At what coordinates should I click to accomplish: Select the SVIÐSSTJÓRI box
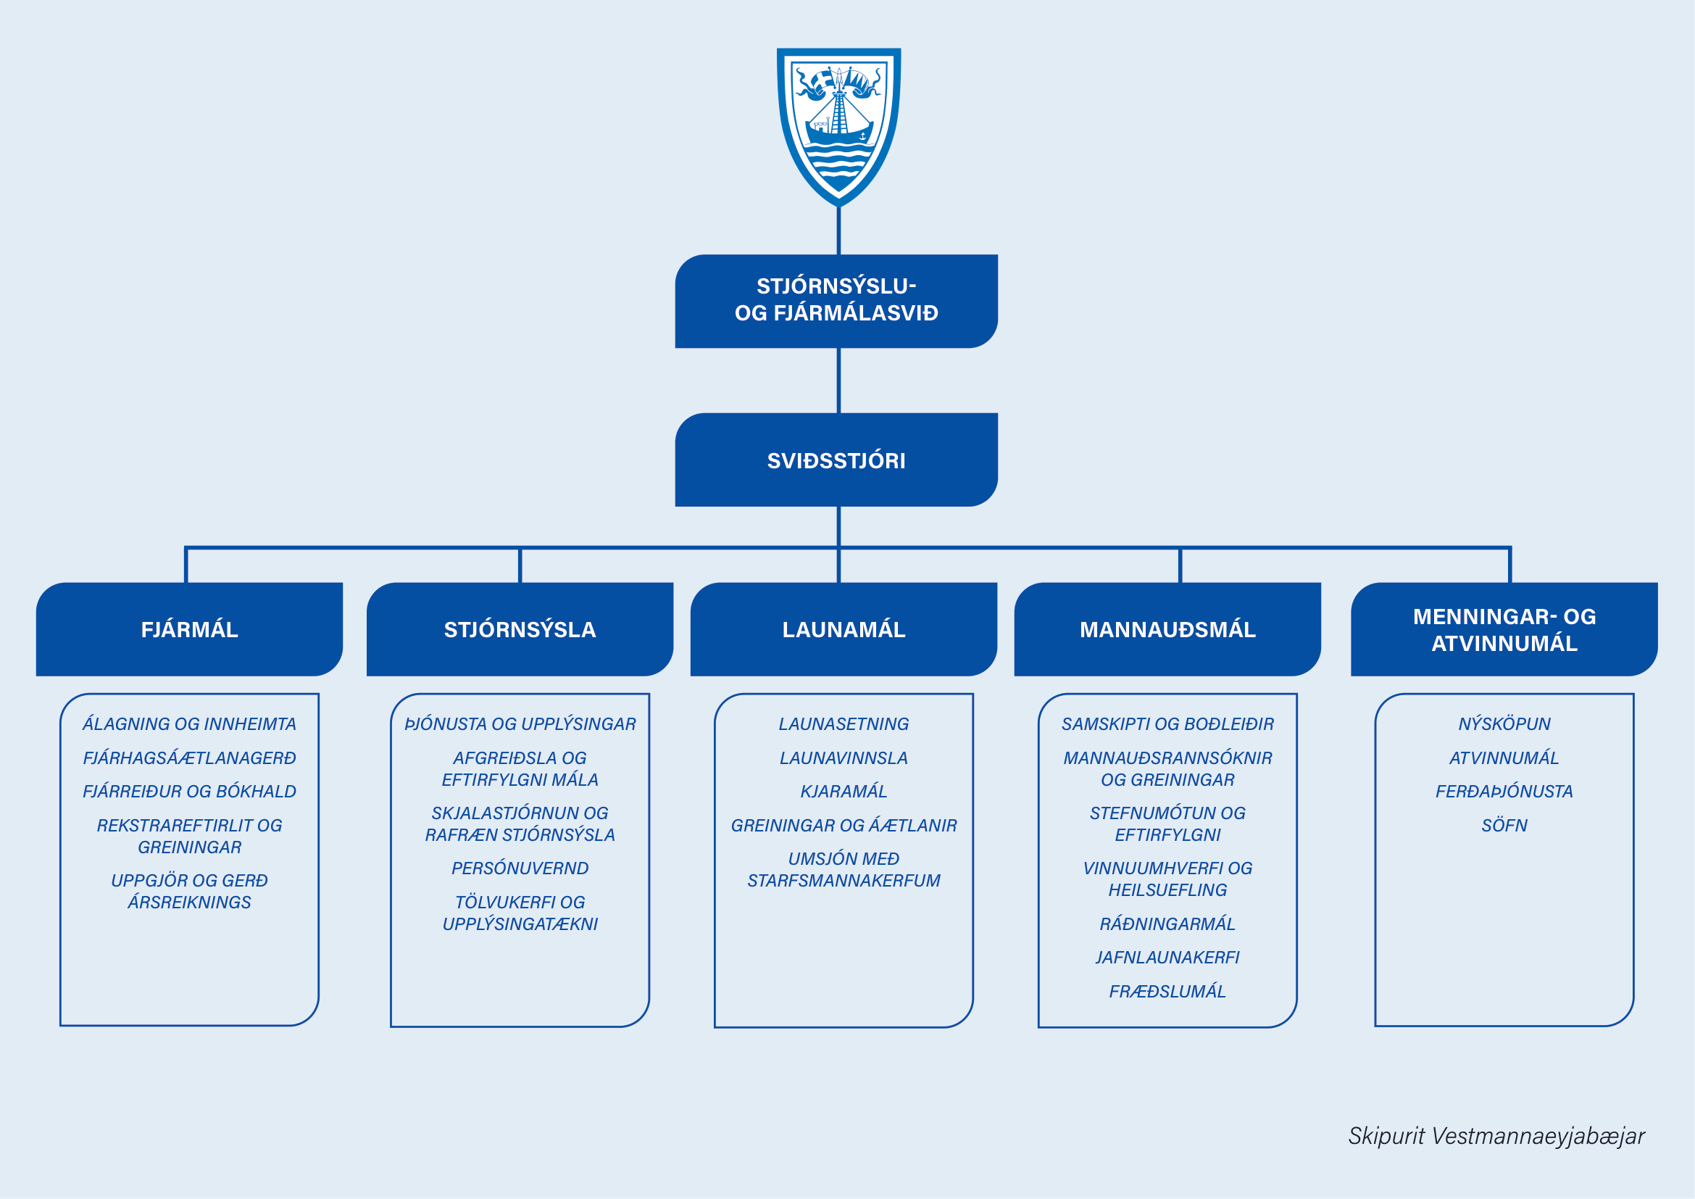(836, 460)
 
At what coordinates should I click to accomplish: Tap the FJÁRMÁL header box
(190, 629)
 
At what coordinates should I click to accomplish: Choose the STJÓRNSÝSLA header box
(520, 629)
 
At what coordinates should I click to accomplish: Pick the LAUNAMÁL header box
(844, 629)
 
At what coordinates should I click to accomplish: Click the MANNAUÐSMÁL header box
(1167, 629)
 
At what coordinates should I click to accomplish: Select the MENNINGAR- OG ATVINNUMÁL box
(1504, 629)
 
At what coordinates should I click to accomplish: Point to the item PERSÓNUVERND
(520, 868)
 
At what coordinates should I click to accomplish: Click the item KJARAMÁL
(844, 792)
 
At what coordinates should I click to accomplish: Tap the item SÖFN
(1504, 826)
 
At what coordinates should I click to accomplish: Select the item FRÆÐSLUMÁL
(1167, 992)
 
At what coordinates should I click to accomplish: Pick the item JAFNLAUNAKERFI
(1167, 958)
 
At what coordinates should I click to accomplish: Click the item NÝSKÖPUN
(1504, 724)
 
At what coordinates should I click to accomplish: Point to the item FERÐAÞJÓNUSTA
(1504, 792)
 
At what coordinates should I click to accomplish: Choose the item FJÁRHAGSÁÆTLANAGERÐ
(190, 758)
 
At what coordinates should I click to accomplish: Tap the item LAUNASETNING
(844, 724)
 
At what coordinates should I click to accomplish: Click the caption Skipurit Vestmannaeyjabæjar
(1496, 1136)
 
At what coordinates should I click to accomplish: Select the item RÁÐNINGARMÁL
(1167, 924)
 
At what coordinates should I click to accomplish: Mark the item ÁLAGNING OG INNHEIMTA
(190, 724)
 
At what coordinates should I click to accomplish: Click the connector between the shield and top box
(838, 231)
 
